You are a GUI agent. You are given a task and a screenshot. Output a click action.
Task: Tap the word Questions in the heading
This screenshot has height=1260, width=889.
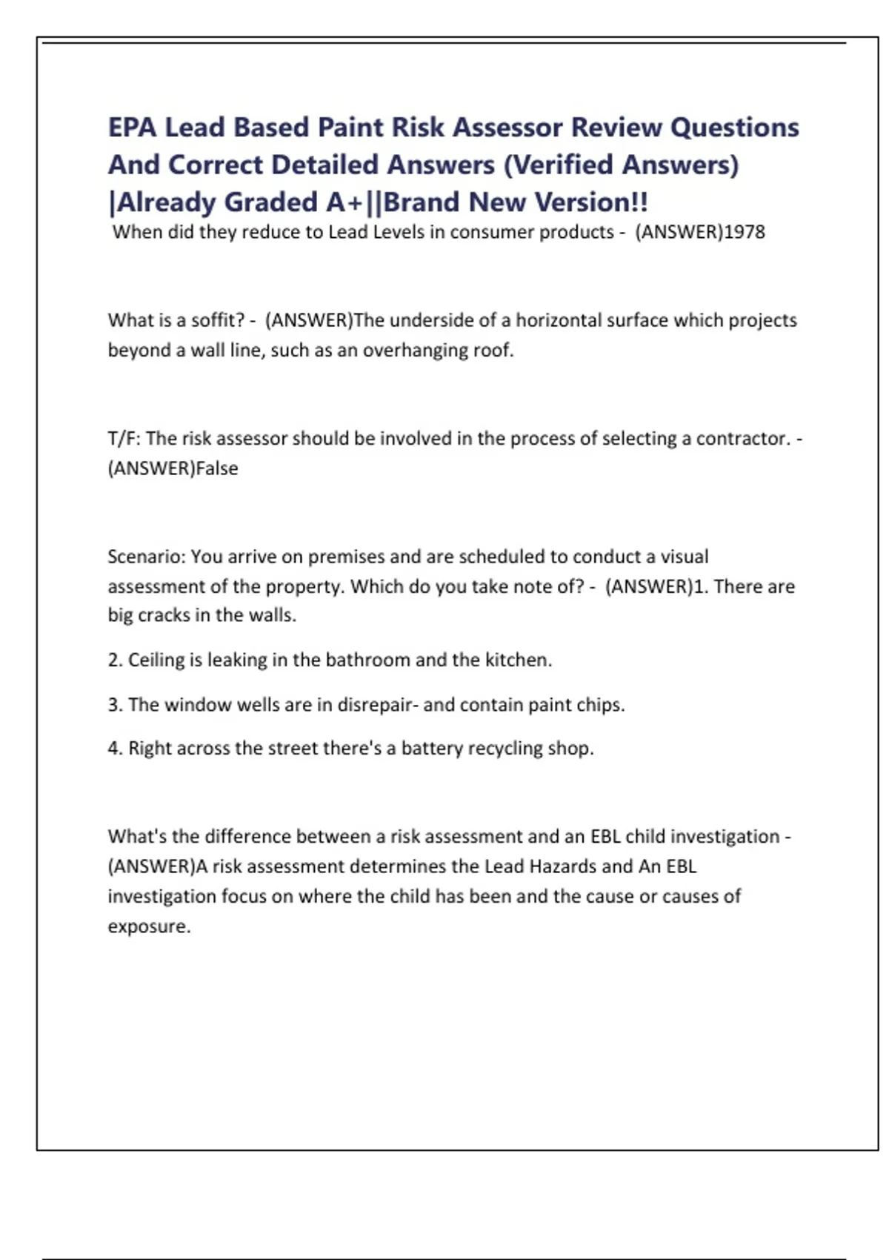click(734, 127)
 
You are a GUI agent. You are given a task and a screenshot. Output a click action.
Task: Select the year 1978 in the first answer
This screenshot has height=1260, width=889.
click(744, 232)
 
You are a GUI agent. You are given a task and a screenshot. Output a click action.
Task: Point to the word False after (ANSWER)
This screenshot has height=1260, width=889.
click(217, 468)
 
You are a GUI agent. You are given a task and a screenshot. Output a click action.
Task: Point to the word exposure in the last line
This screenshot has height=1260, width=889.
click(148, 926)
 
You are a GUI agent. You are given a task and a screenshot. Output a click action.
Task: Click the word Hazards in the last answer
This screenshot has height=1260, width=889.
click(562, 866)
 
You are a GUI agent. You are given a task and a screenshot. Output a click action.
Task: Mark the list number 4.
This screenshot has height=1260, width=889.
click(114, 748)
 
